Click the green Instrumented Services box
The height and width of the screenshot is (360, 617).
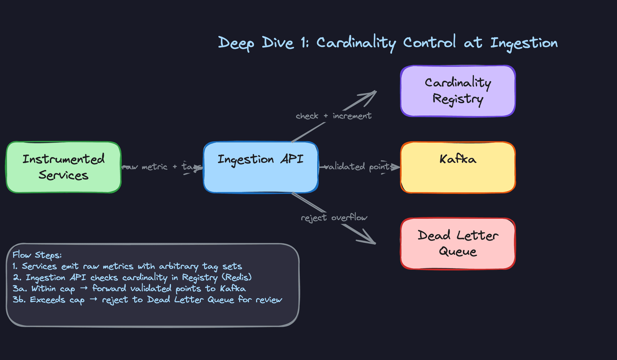pos(63,167)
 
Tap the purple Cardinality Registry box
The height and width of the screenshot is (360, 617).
pos(458,91)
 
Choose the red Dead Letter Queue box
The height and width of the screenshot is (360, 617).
pos(458,244)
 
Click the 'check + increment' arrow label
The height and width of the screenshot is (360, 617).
pos(334,116)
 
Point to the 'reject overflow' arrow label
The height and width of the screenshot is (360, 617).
pos(334,218)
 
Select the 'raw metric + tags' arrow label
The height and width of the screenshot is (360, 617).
pos(162,167)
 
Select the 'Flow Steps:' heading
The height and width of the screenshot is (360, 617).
pos(37,255)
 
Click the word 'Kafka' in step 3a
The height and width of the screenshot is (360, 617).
pos(233,288)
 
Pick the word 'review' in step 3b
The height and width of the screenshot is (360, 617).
pos(269,300)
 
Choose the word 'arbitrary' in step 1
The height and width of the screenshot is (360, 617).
pos(179,266)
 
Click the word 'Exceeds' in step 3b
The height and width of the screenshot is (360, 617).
pos(48,300)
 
